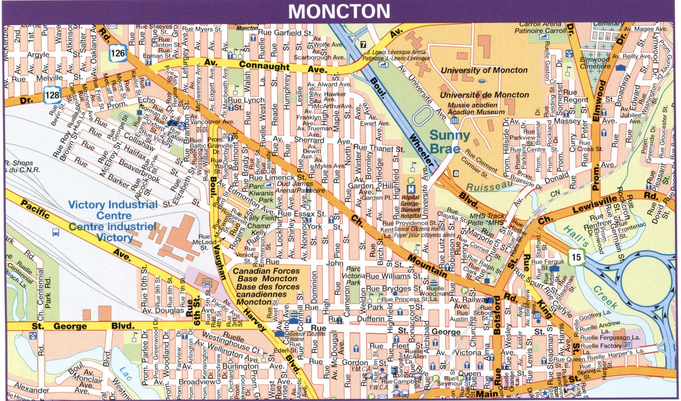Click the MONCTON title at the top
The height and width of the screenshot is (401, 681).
point(339,11)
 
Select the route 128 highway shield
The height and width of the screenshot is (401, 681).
point(52,95)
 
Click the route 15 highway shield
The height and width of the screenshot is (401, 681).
point(576,256)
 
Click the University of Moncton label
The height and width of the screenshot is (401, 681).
point(484,70)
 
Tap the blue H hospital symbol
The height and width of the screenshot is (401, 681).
point(411,189)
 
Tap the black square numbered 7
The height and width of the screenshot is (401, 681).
point(363,45)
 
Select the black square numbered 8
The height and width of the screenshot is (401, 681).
point(456,174)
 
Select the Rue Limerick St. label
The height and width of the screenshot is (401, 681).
point(277,177)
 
